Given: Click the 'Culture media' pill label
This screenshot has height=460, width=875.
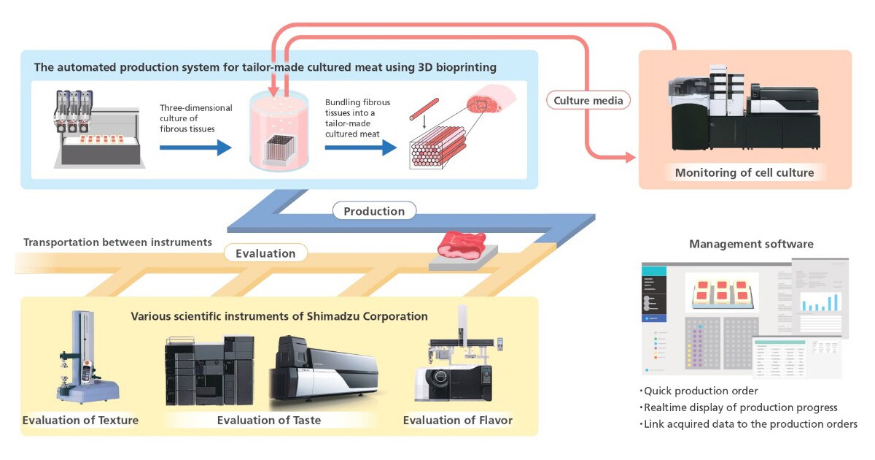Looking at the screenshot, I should point(588,101).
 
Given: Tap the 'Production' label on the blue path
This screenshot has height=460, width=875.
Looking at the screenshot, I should point(374,211).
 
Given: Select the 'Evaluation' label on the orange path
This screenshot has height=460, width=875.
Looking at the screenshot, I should point(265,253).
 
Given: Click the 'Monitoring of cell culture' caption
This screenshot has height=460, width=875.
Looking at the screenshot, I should point(744,173).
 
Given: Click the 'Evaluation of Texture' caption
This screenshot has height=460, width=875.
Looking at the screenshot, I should point(80,420).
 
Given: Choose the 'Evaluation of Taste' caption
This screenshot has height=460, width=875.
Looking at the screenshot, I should point(269,420).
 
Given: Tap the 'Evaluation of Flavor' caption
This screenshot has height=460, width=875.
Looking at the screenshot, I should point(457,420).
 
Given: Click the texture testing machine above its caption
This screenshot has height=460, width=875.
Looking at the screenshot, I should point(79,358).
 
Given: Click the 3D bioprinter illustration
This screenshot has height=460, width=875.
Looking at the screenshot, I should point(95,127).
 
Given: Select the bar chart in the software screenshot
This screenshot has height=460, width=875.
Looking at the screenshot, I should point(821,300).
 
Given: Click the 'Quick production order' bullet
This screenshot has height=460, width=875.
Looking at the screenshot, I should point(701,391).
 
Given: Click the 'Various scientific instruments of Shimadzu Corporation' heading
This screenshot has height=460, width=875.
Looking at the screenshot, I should point(279,317).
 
